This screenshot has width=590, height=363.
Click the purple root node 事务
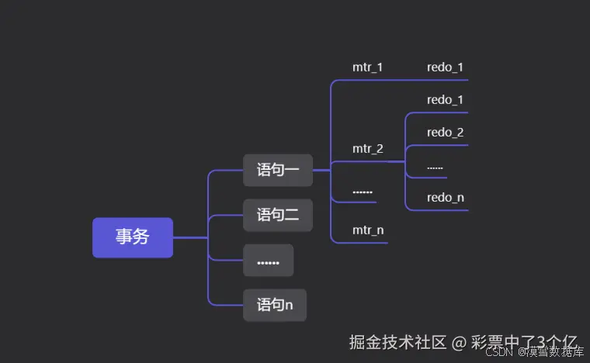point(132,237)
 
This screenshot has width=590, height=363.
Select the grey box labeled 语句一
point(278,170)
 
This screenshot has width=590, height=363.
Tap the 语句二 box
point(278,215)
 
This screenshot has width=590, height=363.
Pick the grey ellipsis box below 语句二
point(268,261)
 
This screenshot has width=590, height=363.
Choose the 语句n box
point(275,305)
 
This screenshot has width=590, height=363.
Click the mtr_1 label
point(367,67)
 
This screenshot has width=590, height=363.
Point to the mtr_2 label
point(367,149)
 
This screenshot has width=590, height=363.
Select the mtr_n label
point(367,230)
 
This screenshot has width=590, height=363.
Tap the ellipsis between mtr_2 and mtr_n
point(362,191)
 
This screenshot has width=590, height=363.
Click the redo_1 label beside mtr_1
point(445,67)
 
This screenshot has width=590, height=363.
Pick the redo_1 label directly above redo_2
point(445,100)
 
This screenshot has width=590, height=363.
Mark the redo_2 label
point(445,133)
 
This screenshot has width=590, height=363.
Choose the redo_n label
point(445,198)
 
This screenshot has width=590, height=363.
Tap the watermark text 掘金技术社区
point(397,342)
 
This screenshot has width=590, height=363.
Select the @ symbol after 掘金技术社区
point(459,342)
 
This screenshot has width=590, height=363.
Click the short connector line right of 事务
point(189,237)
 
